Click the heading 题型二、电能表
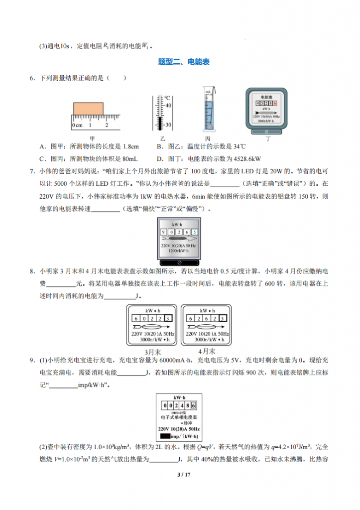coord(184,62)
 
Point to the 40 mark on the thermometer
coord(168,106)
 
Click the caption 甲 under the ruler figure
coord(92,137)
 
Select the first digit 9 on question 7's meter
coord(163,232)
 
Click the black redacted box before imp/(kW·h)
coord(165,436)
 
